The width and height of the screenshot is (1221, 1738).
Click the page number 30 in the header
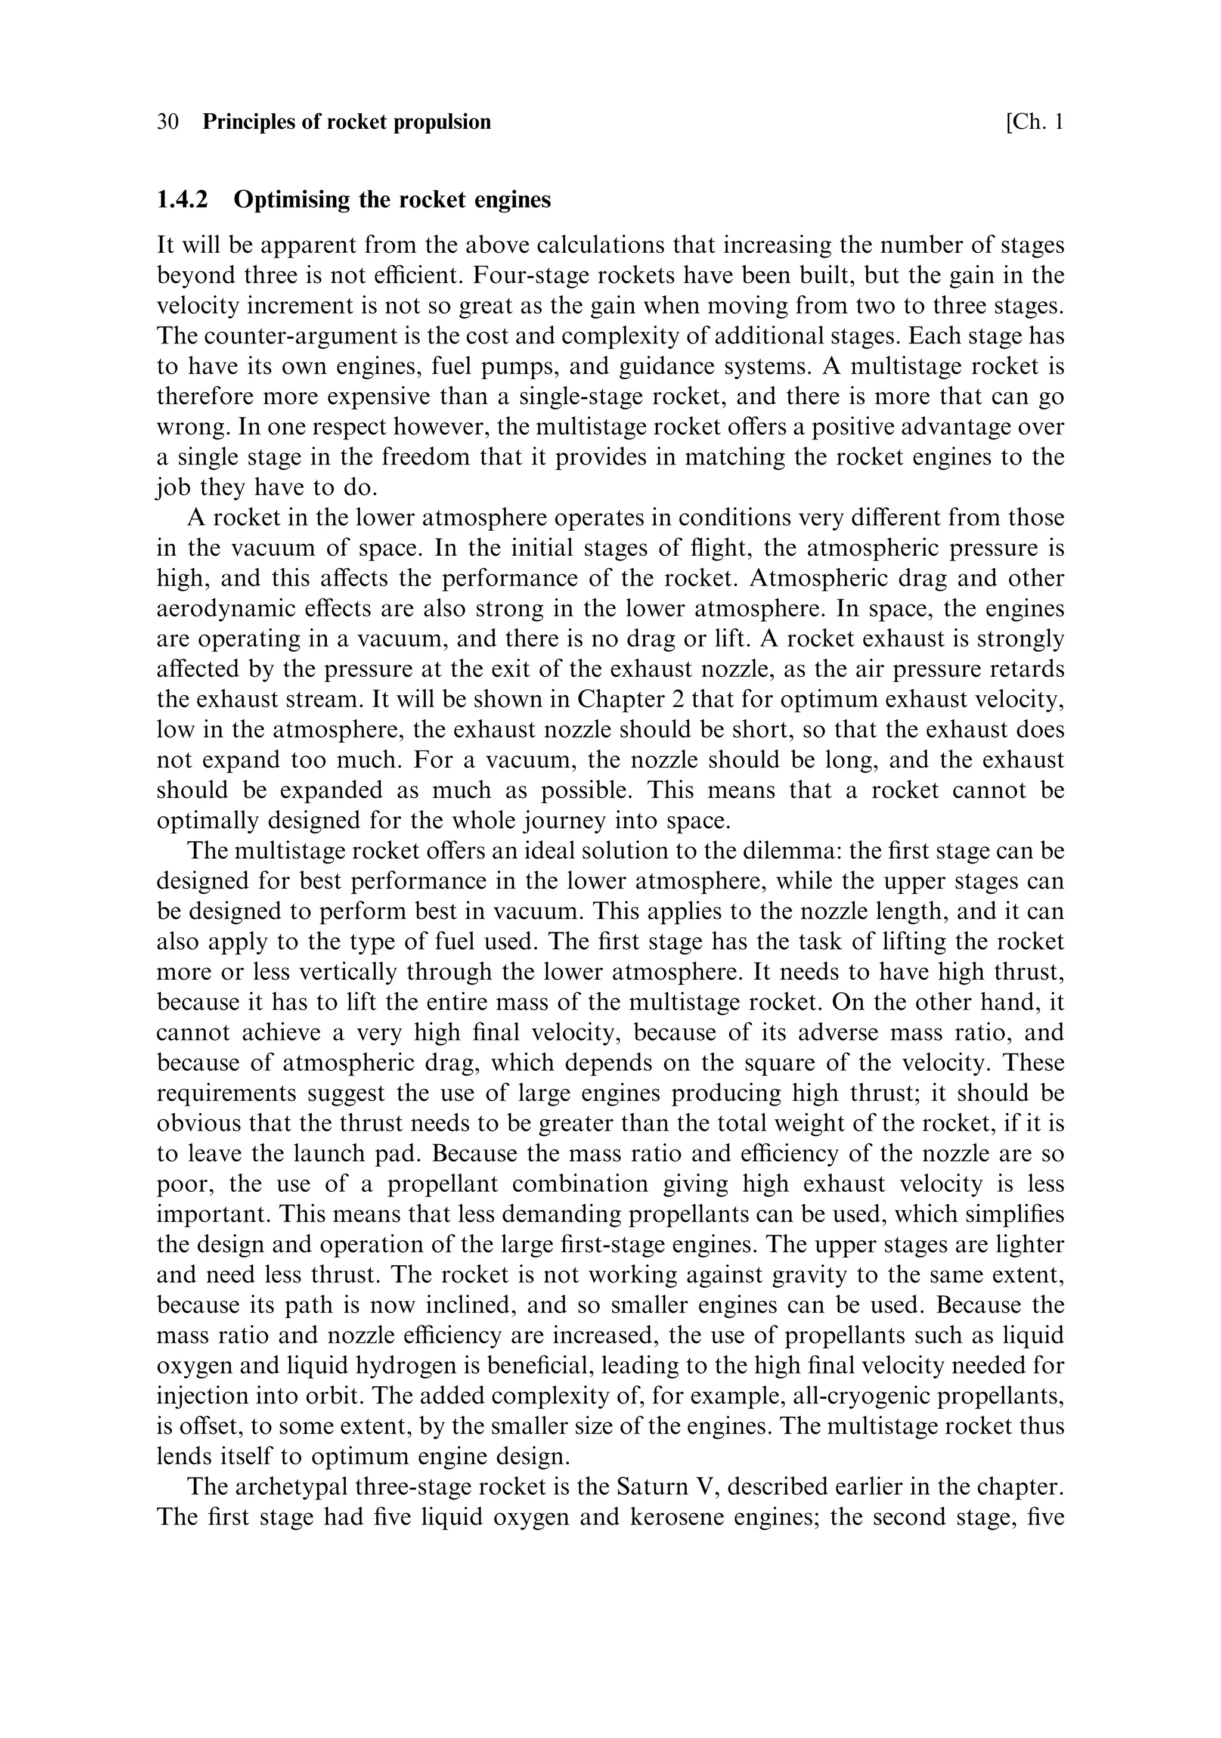click(168, 122)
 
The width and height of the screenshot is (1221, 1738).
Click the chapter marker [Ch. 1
click(1034, 122)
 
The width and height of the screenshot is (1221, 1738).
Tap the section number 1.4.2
click(182, 200)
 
